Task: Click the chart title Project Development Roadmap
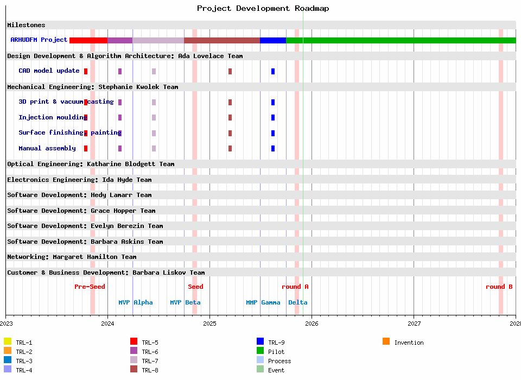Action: [263, 8]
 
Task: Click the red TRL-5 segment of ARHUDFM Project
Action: [88, 40]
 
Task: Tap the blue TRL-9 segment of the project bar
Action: [273, 40]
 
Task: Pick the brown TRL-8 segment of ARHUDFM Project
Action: [222, 40]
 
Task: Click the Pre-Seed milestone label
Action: [90, 287]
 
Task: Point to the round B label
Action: [499, 287]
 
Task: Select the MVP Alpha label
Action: [136, 302]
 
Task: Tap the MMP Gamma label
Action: [263, 302]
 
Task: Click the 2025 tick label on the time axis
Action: [209, 324]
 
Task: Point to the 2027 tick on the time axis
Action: [414, 324]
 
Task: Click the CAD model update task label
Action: [49, 71]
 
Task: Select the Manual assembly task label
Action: [47, 148]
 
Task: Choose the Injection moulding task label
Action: [52, 117]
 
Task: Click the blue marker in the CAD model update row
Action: [273, 71]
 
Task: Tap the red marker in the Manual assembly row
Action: [86, 149]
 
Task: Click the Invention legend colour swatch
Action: [386, 341]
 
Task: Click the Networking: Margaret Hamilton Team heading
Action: [72, 257]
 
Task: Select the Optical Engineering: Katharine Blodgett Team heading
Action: [91, 164]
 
